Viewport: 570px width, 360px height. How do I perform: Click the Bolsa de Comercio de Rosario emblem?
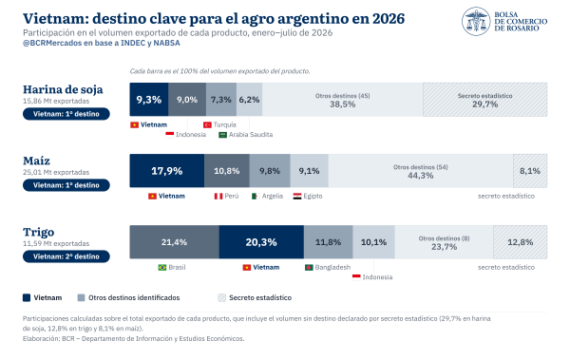476,21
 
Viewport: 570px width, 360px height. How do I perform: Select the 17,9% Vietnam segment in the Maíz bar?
167,171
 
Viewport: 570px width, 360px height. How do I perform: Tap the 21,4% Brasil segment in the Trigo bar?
175,242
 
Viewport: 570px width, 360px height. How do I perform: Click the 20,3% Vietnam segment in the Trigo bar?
261,242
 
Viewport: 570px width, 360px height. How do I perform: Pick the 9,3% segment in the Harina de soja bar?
149,100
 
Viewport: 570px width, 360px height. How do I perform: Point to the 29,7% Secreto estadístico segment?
484,100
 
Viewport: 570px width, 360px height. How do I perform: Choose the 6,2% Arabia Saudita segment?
249,100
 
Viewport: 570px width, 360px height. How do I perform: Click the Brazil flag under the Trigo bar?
162,267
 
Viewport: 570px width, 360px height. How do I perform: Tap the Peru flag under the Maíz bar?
218,196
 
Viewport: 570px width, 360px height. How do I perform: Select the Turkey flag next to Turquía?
207,124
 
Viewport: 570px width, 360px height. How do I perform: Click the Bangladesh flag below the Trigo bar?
309,267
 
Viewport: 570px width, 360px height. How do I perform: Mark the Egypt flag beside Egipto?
297,196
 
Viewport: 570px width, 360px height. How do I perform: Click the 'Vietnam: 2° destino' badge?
66,256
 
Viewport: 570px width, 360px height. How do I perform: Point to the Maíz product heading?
36,161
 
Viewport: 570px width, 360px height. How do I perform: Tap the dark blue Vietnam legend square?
27,298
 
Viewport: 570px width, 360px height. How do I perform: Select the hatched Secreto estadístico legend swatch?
221,298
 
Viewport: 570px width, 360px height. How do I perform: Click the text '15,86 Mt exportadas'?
56,101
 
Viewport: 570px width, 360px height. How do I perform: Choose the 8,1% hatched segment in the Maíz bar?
530,171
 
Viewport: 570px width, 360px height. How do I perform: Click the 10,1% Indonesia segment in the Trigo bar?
373,242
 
